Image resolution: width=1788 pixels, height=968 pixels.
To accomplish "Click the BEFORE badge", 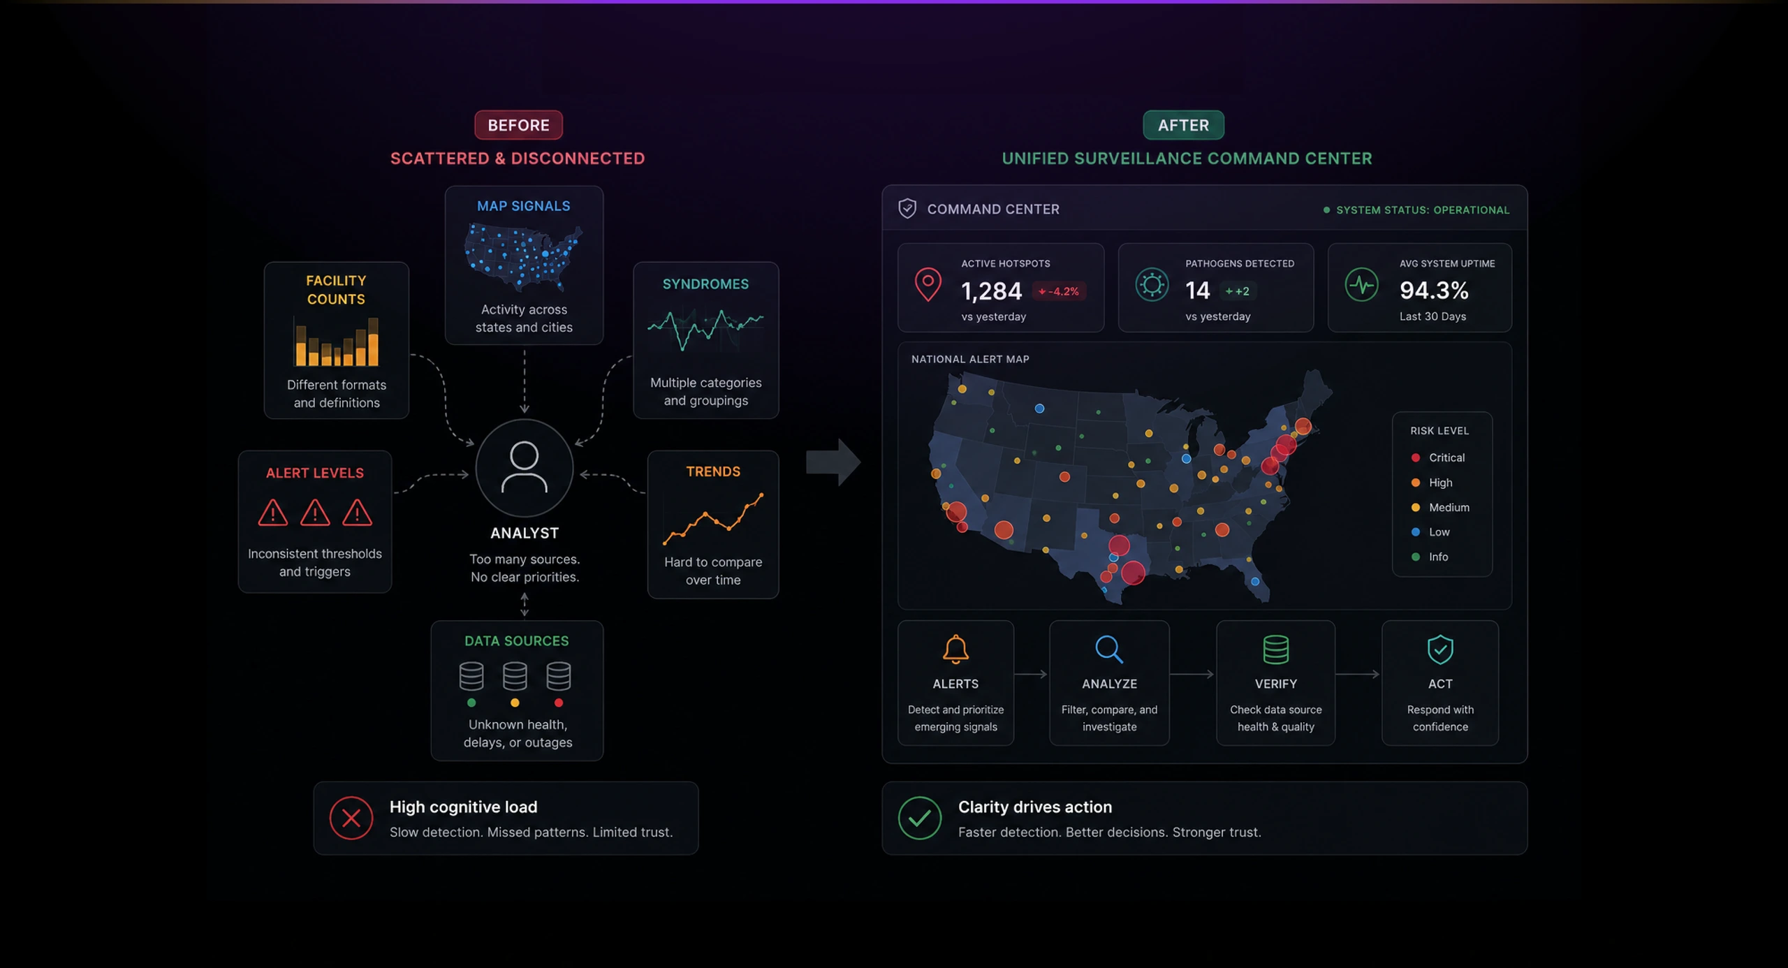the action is [x=518, y=125].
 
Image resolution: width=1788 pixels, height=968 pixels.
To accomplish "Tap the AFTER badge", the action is [x=1183, y=125].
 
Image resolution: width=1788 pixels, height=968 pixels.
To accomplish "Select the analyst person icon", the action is [x=524, y=468].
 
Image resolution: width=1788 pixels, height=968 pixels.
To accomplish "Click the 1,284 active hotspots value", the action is [x=991, y=291].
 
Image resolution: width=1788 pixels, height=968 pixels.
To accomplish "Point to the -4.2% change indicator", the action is [x=1059, y=291].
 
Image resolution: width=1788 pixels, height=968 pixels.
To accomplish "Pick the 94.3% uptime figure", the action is [x=1434, y=290].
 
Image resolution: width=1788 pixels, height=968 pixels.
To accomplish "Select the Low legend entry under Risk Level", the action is [x=1430, y=532].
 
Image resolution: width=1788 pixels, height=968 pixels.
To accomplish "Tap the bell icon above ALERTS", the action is [x=955, y=649].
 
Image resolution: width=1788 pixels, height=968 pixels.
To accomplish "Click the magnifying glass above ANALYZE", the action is [x=1109, y=650].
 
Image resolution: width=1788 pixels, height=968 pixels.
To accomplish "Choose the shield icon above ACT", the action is [x=1440, y=650].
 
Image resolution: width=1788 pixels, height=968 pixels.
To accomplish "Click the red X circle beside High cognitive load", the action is [x=351, y=818].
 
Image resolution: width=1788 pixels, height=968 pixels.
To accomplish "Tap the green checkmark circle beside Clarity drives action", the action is [x=920, y=818].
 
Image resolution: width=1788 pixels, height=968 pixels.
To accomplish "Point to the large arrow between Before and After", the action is [x=834, y=462].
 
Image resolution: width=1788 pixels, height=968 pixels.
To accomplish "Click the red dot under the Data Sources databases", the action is [x=558, y=703].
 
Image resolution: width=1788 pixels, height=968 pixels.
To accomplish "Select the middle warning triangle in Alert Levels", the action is [x=315, y=513].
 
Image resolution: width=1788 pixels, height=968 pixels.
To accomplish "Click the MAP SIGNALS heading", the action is [x=523, y=206].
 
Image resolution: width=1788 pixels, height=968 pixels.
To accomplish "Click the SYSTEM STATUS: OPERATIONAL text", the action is [x=1423, y=210].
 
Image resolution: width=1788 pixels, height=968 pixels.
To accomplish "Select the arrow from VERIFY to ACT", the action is [x=1358, y=674].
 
